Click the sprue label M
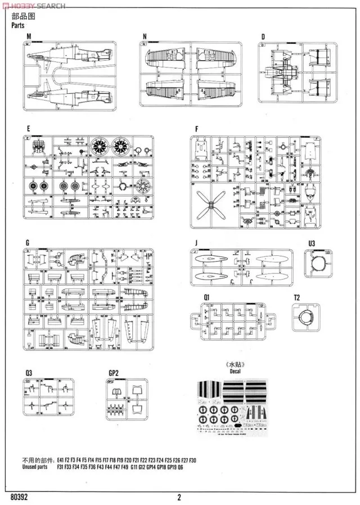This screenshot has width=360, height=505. click(29, 37)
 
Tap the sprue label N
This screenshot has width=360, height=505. click(145, 37)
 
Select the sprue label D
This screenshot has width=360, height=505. click(262, 37)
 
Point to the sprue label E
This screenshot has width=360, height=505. click(28, 129)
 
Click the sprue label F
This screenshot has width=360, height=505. click(196, 129)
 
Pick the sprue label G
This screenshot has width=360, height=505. click(28, 242)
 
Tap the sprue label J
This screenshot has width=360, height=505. click(195, 243)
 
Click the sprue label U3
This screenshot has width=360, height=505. click(312, 243)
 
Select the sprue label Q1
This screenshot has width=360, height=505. click(207, 296)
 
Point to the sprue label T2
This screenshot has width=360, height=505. click(297, 296)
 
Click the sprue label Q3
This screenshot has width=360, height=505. click(29, 372)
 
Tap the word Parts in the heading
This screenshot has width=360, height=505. click(18, 25)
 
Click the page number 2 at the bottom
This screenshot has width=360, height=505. click(179, 497)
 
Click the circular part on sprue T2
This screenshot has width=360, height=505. click(305, 317)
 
